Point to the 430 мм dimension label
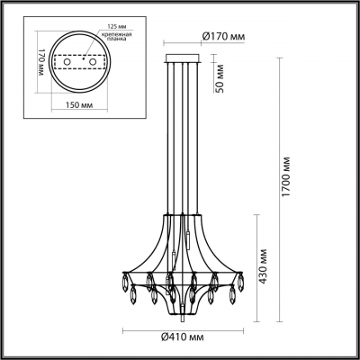[x=262, y=267]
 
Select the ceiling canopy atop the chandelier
[x=184, y=59]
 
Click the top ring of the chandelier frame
[x=184, y=217]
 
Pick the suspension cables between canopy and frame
[x=184, y=135]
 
